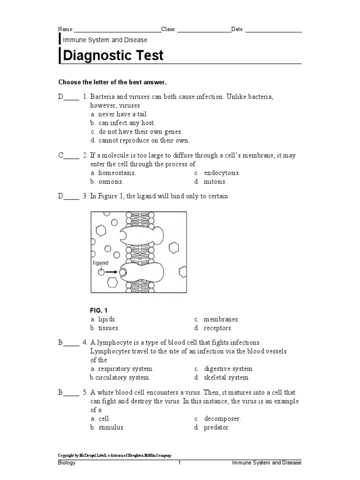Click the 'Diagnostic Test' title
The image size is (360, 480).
(113, 55)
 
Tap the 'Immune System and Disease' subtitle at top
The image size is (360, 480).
(105, 40)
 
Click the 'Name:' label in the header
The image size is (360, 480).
(66, 29)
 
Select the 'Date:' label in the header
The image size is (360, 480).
(238, 29)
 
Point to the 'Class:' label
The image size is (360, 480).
(169, 29)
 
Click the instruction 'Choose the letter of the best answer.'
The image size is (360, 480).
(112, 82)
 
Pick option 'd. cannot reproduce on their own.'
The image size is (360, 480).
(140, 140)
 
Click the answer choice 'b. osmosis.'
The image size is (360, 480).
(107, 181)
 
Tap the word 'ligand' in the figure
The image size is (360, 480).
(100, 263)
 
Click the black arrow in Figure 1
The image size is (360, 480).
(112, 271)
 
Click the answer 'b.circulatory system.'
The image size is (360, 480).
(120, 377)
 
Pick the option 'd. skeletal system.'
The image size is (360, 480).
(222, 377)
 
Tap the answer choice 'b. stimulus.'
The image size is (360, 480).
(108, 427)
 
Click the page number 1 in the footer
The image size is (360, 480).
(179, 463)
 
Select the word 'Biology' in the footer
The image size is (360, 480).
(67, 463)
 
